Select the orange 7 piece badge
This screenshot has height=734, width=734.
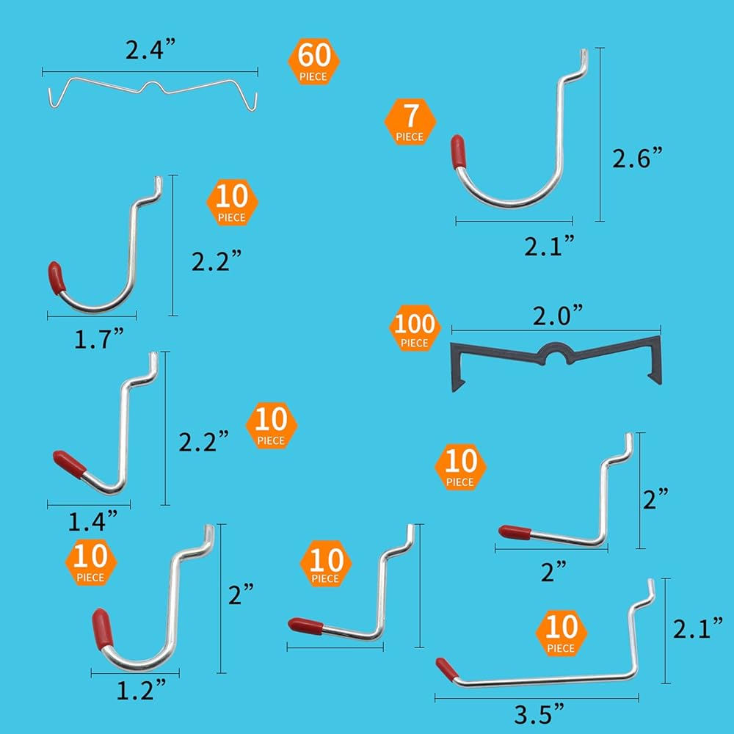click(x=410, y=121)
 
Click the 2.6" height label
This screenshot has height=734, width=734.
click(x=637, y=158)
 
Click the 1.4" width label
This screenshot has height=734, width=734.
click(x=93, y=521)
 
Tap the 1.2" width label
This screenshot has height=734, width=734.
click(x=140, y=689)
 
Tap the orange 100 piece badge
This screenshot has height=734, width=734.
click(x=415, y=330)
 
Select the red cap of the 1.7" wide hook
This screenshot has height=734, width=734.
click(x=57, y=277)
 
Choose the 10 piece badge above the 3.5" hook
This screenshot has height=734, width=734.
click(x=561, y=634)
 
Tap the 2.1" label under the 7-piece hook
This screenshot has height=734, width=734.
click(x=549, y=246)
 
